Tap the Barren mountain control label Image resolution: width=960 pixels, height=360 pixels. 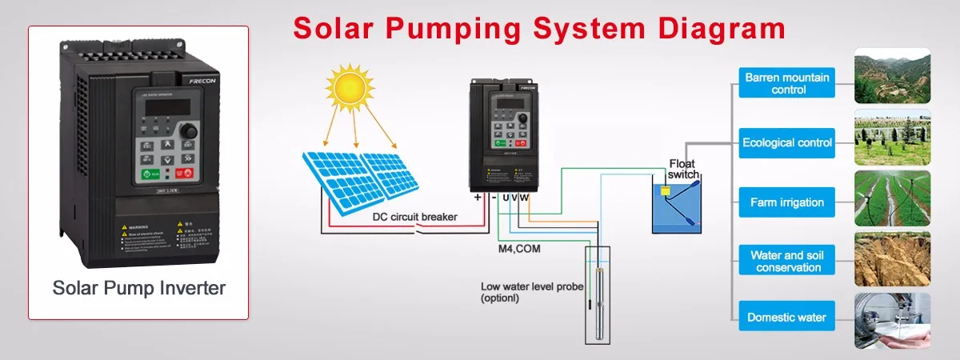pyautogui.click(x=787, y=83)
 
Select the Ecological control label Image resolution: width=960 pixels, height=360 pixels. pyautogui.click(x=787, y=142)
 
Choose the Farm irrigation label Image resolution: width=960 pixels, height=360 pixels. pyautogui.click(x=787, y=202)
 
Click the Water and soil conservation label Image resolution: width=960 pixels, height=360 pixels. pyautogui.click(x=787, y=261)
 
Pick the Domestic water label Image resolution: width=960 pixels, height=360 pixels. pyautogui.click(x=787, y=317)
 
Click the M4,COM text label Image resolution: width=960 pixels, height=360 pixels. pyautogui.click(x=518, y=249)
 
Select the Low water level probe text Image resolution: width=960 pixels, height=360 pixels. pyautogui.click(x=531, y=291)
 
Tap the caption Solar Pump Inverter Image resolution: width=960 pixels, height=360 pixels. pyautogui.click(x=138, y=288)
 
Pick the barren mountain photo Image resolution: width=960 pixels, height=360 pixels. pyautogui.click(x=892, y=75)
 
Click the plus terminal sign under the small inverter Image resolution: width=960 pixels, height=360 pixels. pyautogui.click(x=478, y=197)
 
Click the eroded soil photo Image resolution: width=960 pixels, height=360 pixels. pyautogui.click(x=892, y=259)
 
